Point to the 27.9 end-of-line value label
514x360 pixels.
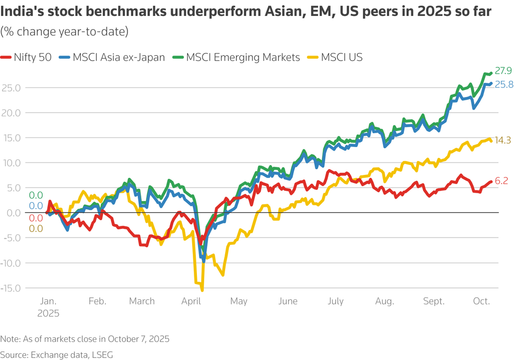tap(502, 71)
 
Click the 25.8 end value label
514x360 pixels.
tap(503, 84)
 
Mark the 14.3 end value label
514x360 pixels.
tap(502, 140)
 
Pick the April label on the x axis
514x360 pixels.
tap(192, 301)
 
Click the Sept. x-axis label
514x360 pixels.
tap(434, 301)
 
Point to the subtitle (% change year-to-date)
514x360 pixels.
tap(64, 32)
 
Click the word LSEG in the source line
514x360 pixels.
tap(102, 355)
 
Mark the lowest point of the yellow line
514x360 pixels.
tap(202, 291)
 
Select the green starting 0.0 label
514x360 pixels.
tap(35, 195)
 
